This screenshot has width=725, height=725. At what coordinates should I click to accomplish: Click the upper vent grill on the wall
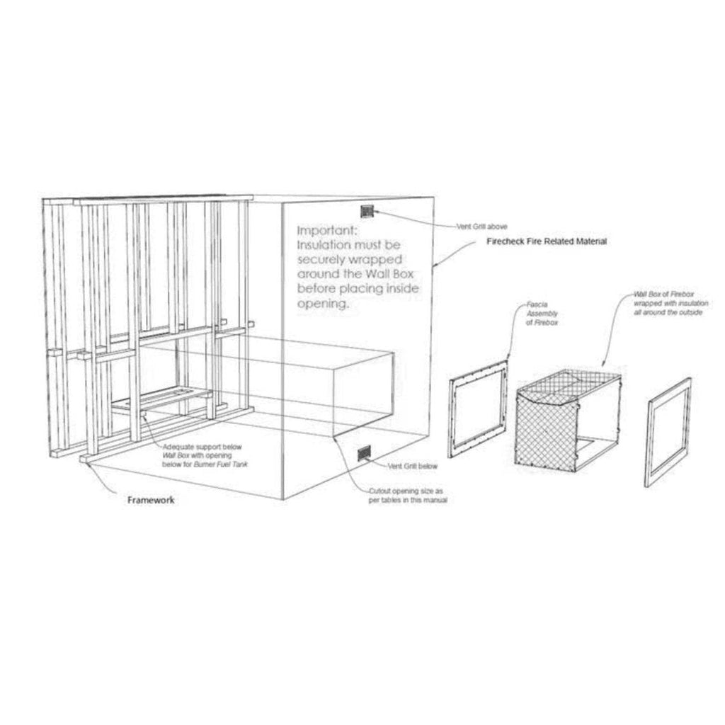367,211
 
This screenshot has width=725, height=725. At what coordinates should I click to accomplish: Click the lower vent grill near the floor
365,453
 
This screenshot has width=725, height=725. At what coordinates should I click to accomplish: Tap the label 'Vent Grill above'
481,227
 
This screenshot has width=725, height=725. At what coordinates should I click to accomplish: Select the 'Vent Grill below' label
413,466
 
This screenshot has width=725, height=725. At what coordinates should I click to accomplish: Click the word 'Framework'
152,500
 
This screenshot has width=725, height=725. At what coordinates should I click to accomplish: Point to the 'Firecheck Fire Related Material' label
547,241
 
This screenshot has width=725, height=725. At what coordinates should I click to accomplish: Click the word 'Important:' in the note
327,230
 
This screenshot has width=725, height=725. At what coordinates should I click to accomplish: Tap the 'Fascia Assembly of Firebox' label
542,314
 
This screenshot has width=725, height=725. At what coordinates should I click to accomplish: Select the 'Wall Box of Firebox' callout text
670,303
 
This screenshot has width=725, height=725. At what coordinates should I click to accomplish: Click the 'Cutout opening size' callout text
408,496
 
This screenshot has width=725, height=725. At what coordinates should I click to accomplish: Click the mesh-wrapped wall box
569,420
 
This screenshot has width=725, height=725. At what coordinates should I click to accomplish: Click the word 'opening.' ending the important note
322,304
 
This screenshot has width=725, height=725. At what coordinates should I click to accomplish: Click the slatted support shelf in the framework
162,399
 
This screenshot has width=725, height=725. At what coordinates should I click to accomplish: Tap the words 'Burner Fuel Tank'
221,464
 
